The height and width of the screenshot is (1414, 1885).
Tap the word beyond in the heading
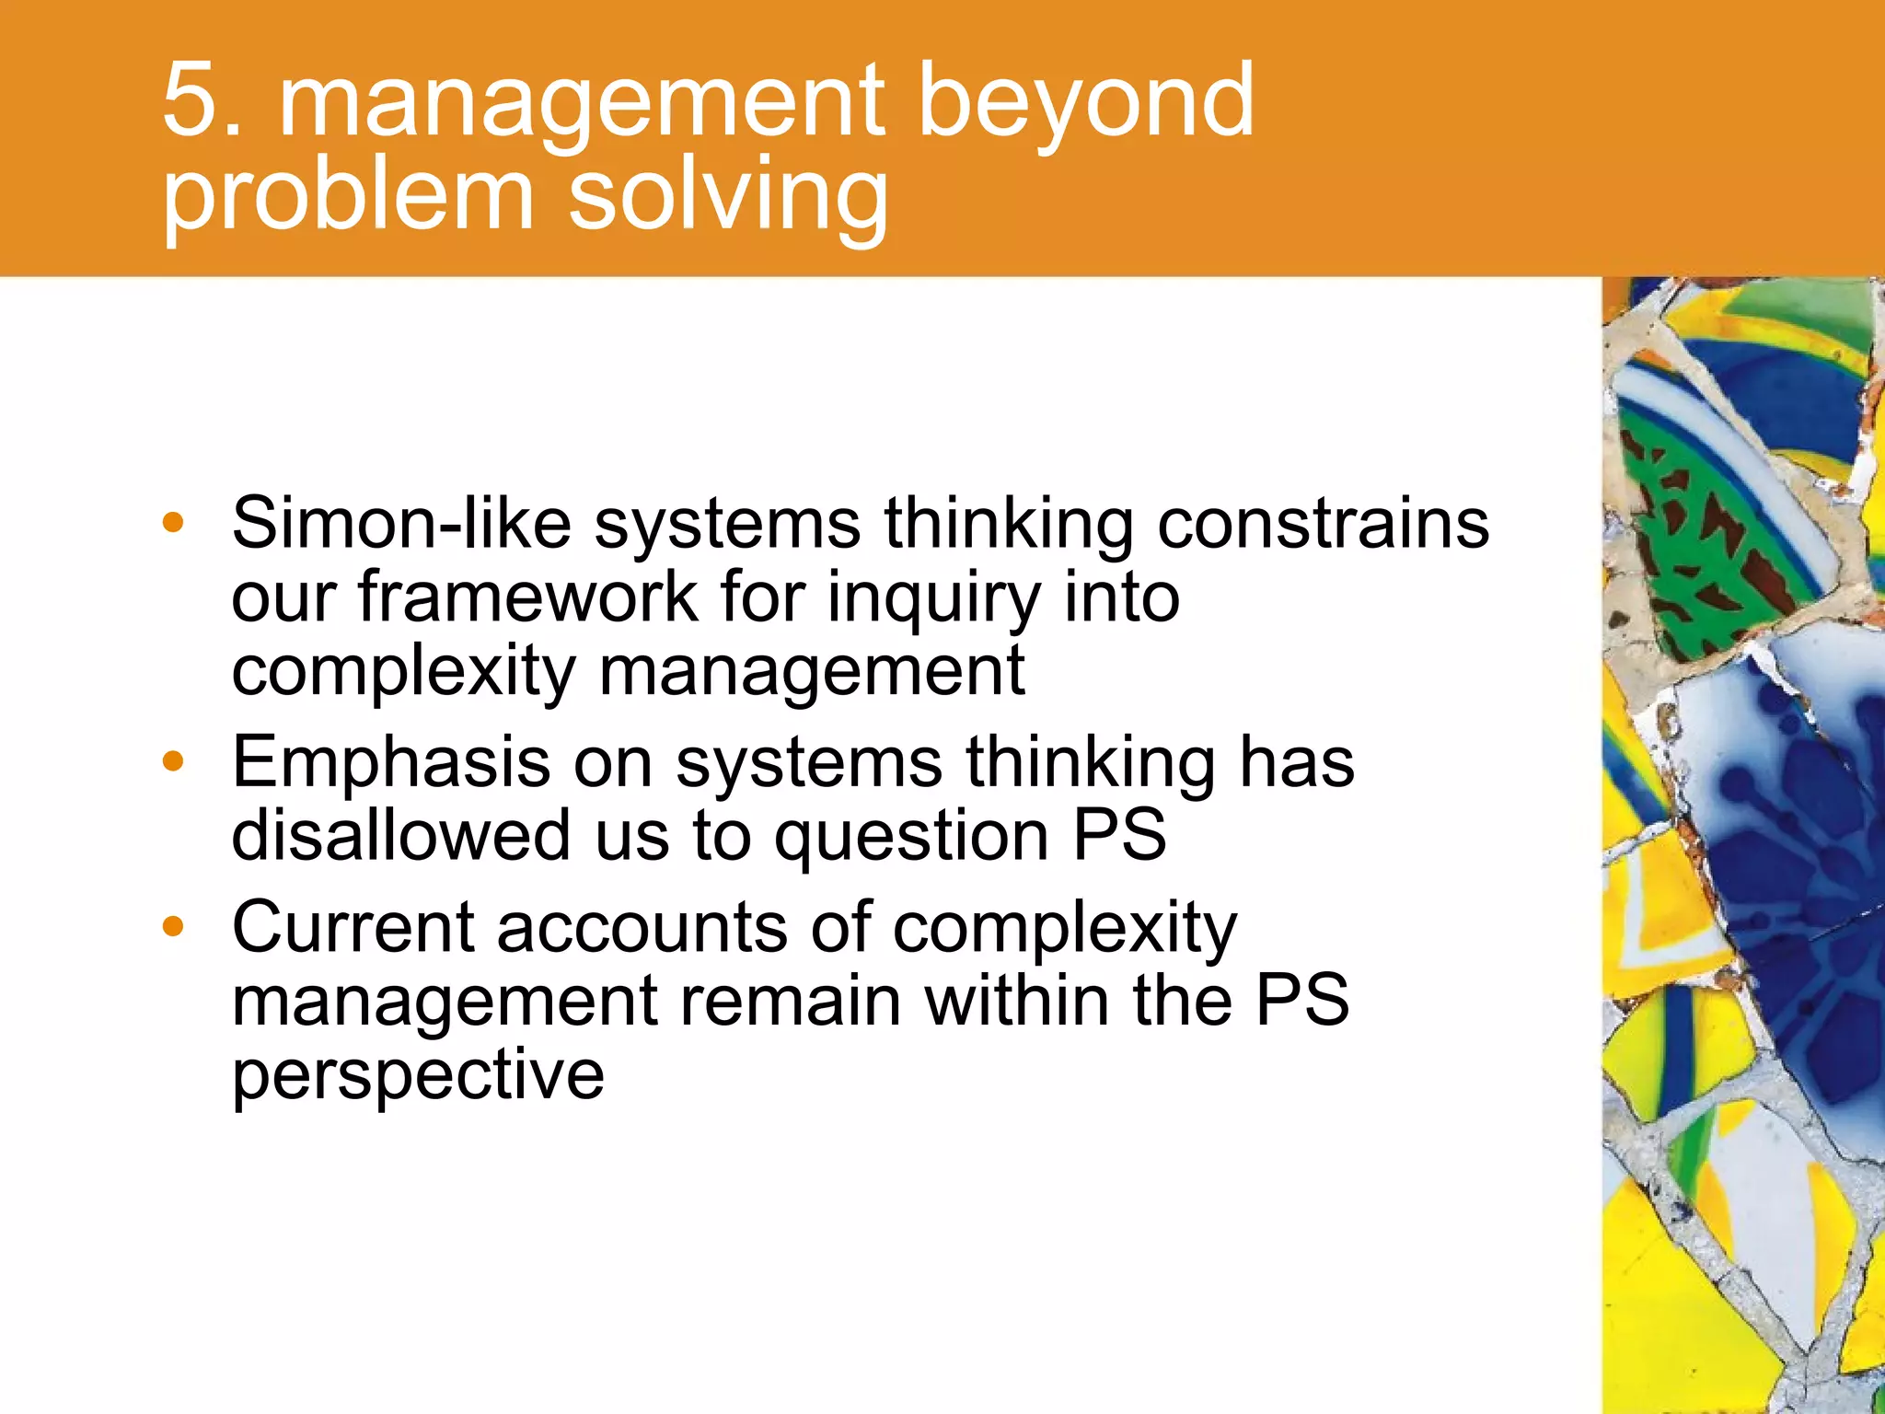[x=1086, y=101]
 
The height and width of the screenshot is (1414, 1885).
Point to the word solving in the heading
[x=728, y=198]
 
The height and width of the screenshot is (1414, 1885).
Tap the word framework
[x=528, y=597]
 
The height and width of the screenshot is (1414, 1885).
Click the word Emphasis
[x=391, y=764]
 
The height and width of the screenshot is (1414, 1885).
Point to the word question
[x=910, y=838]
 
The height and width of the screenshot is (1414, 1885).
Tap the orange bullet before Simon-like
[x=173, y=524]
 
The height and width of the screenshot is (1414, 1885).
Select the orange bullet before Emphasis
[x=173, y=762]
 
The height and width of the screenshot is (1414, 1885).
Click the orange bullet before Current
[x=173, y=927]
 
